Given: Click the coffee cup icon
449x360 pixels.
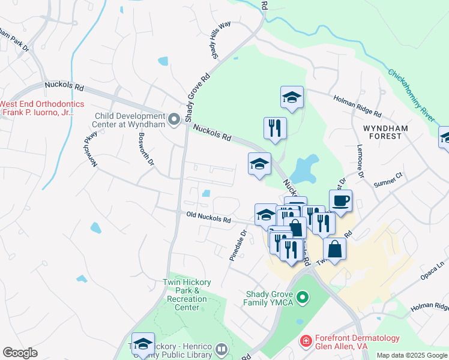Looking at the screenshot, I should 340,202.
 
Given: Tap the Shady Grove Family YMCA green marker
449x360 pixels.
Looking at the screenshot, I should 303,297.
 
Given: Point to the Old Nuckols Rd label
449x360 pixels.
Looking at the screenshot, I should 208,220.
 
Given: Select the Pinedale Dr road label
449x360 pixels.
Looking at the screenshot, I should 237,246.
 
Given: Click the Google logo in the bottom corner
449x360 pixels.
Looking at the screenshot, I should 20,353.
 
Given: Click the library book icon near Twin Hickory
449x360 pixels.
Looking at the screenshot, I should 221,349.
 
